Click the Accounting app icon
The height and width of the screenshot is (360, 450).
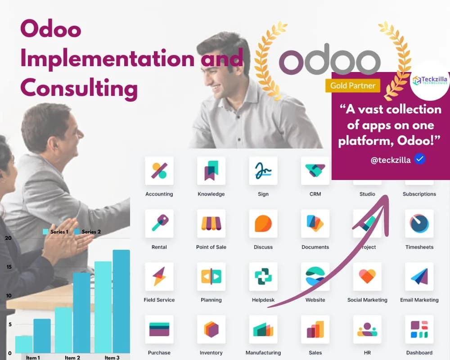click(159, 171)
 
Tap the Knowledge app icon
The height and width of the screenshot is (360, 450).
click(211, 171)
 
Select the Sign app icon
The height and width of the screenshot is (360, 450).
click(263, 171)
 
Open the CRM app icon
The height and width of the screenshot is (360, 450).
click(315, 171)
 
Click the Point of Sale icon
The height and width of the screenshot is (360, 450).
click(211, 224)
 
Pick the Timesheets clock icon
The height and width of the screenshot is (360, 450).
click(419, 224)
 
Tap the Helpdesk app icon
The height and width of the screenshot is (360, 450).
click(263, 276)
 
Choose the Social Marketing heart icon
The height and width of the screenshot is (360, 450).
click(367, 276)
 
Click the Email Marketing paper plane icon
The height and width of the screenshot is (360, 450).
click(419, 276)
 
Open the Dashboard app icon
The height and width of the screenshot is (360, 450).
click(419, 329)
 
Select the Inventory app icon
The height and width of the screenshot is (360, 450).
click(211, 329)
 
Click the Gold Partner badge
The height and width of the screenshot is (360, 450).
click(353, 85)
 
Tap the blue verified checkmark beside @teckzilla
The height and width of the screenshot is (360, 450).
click(420, 159)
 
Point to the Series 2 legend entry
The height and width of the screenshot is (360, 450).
click(88, 232)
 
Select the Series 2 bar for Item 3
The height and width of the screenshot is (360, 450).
click(121, 301)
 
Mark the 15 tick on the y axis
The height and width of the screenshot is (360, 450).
click(9, 267)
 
